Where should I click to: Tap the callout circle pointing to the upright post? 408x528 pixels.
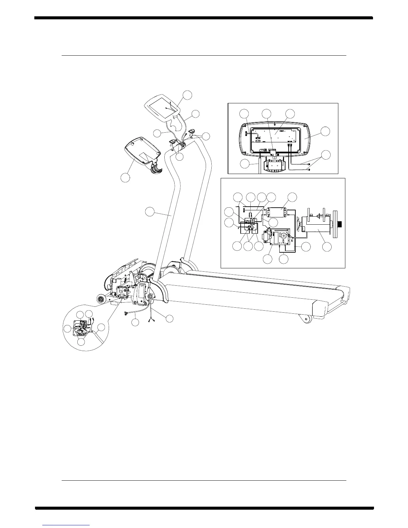[x=150, y=212]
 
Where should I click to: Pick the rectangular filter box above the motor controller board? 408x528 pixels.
[x=277, y=212]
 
